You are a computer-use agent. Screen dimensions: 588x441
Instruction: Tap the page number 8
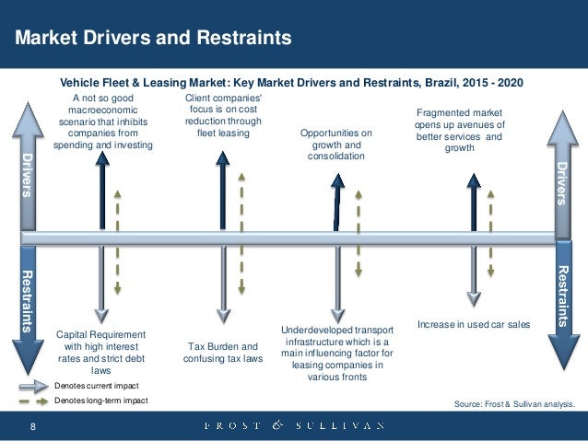[x=33, y=425]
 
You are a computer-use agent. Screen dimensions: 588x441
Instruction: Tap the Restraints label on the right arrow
[x=565, y=296]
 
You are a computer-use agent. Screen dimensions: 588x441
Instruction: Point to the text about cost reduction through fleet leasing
[x=223, y=114]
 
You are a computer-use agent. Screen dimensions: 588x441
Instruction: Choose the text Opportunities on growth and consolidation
[x=336, y=145]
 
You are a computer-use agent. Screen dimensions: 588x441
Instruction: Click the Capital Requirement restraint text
[x=100, y=351]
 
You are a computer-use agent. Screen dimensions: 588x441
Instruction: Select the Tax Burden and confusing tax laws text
[x=223, y=354]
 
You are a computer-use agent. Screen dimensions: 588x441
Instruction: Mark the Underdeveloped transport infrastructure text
[x=336, y=353]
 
